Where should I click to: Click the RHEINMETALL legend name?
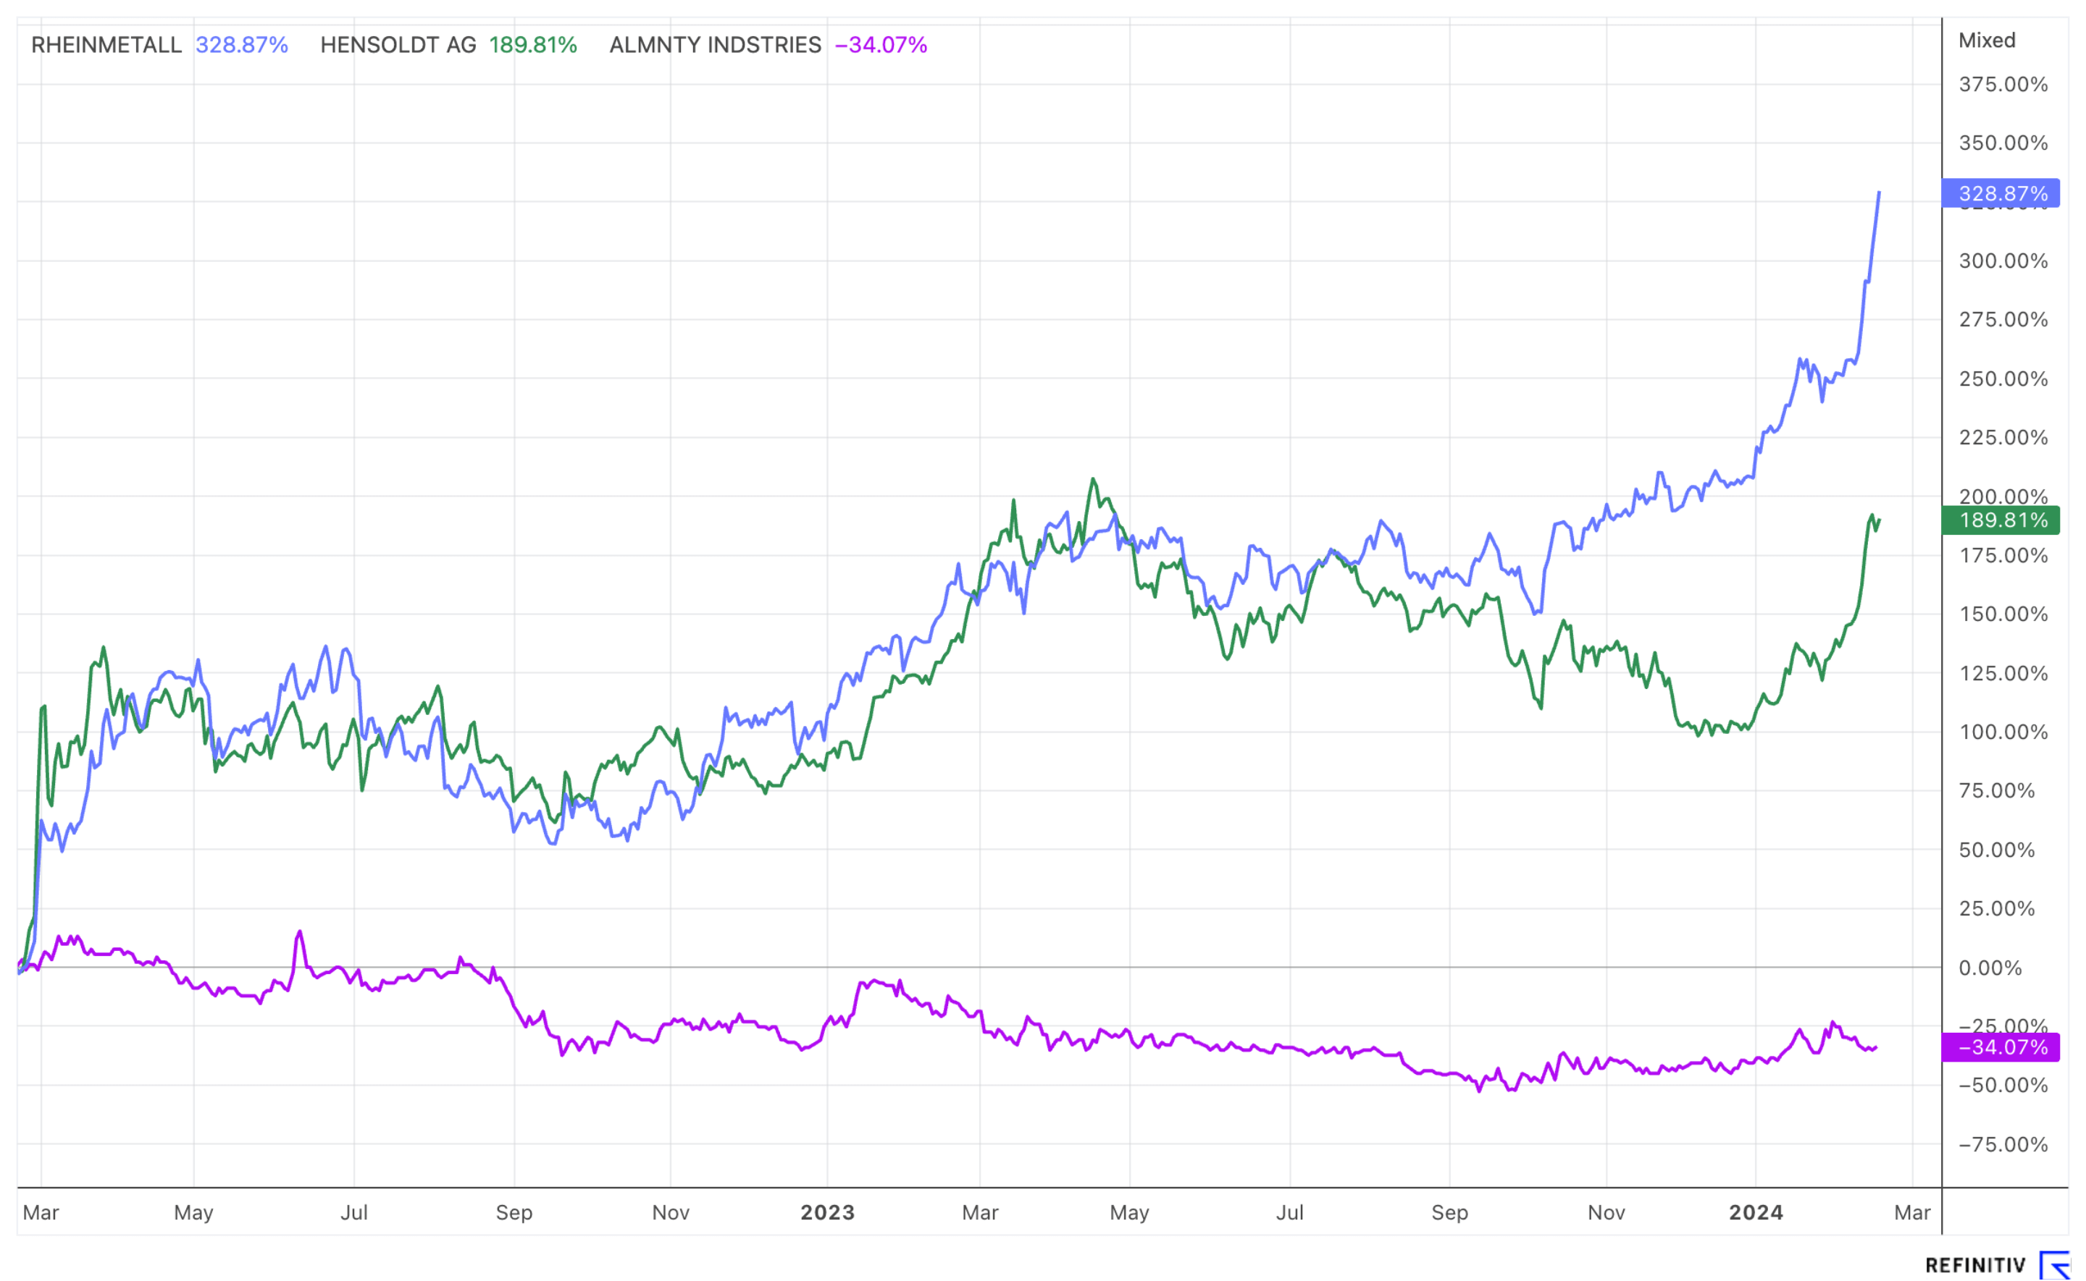tap(106, 45)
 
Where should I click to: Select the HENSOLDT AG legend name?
tap(398, 45)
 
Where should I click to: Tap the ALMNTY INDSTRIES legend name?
tap(715, 45)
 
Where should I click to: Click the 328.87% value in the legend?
tap(242, 45)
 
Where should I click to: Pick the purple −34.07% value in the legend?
tap(881, 45)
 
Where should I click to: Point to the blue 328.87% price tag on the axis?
tap(2001, 194)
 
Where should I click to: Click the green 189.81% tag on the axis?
tap(2001, 520)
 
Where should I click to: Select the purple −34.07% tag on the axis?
tap(2001, 1048)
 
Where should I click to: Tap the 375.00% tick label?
tap(2002, 85)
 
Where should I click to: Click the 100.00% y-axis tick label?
tap(2002, 732)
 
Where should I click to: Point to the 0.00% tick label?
tap(1990, 968)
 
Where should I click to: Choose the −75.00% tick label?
tap(2002, 1145)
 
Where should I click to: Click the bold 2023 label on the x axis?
tap(827, 1212)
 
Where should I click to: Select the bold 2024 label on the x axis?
tap(1756, 1212)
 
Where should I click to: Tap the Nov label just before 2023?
tap(671, 1212)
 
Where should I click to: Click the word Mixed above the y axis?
tap(1986, 41)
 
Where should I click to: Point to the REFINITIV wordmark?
tap(1975, 1265)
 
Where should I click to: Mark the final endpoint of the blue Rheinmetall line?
tap(1879, 193)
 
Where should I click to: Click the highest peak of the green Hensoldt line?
tap(1092, 480)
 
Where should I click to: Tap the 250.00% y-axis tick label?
tap(2002, 379)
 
